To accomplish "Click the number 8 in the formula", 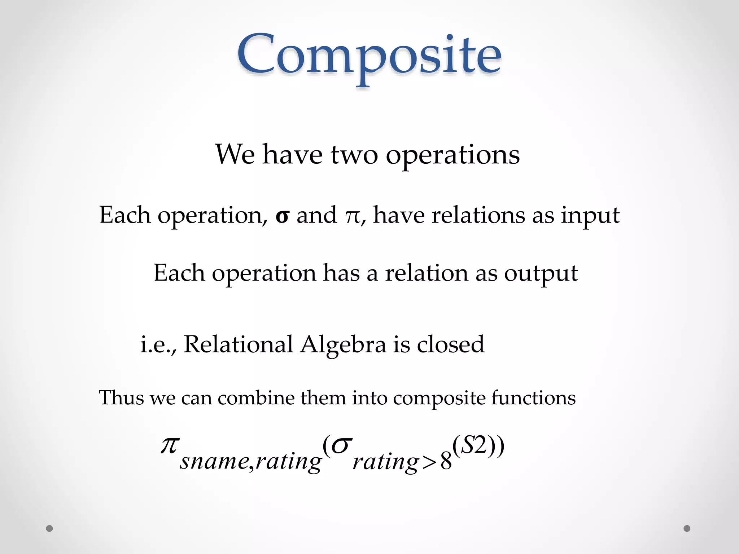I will (x=446, y=462).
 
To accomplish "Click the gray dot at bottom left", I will (x=49, y=528).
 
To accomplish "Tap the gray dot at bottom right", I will (x=687, y=528).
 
